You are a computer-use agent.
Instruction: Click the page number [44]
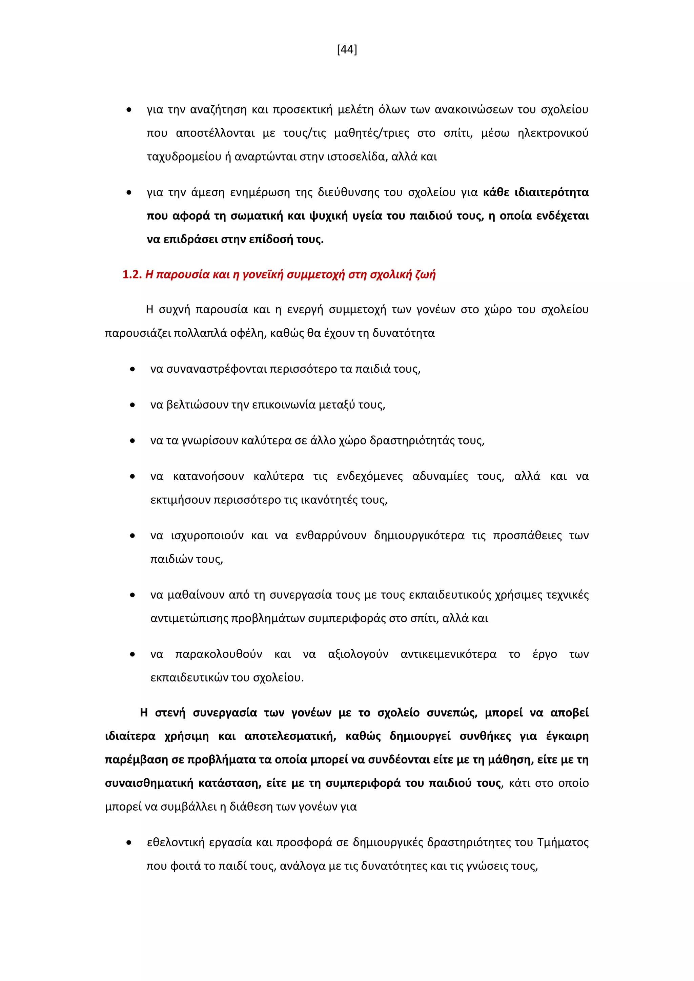pos(347,50)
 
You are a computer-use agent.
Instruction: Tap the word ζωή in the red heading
pos(426,274)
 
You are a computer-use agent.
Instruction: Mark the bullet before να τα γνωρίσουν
pos(133,440)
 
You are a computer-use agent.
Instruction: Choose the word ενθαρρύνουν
pos(331,536)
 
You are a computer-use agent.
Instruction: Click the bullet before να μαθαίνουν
pos(133,595)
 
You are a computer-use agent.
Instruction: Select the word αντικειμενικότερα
pos(448,654)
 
